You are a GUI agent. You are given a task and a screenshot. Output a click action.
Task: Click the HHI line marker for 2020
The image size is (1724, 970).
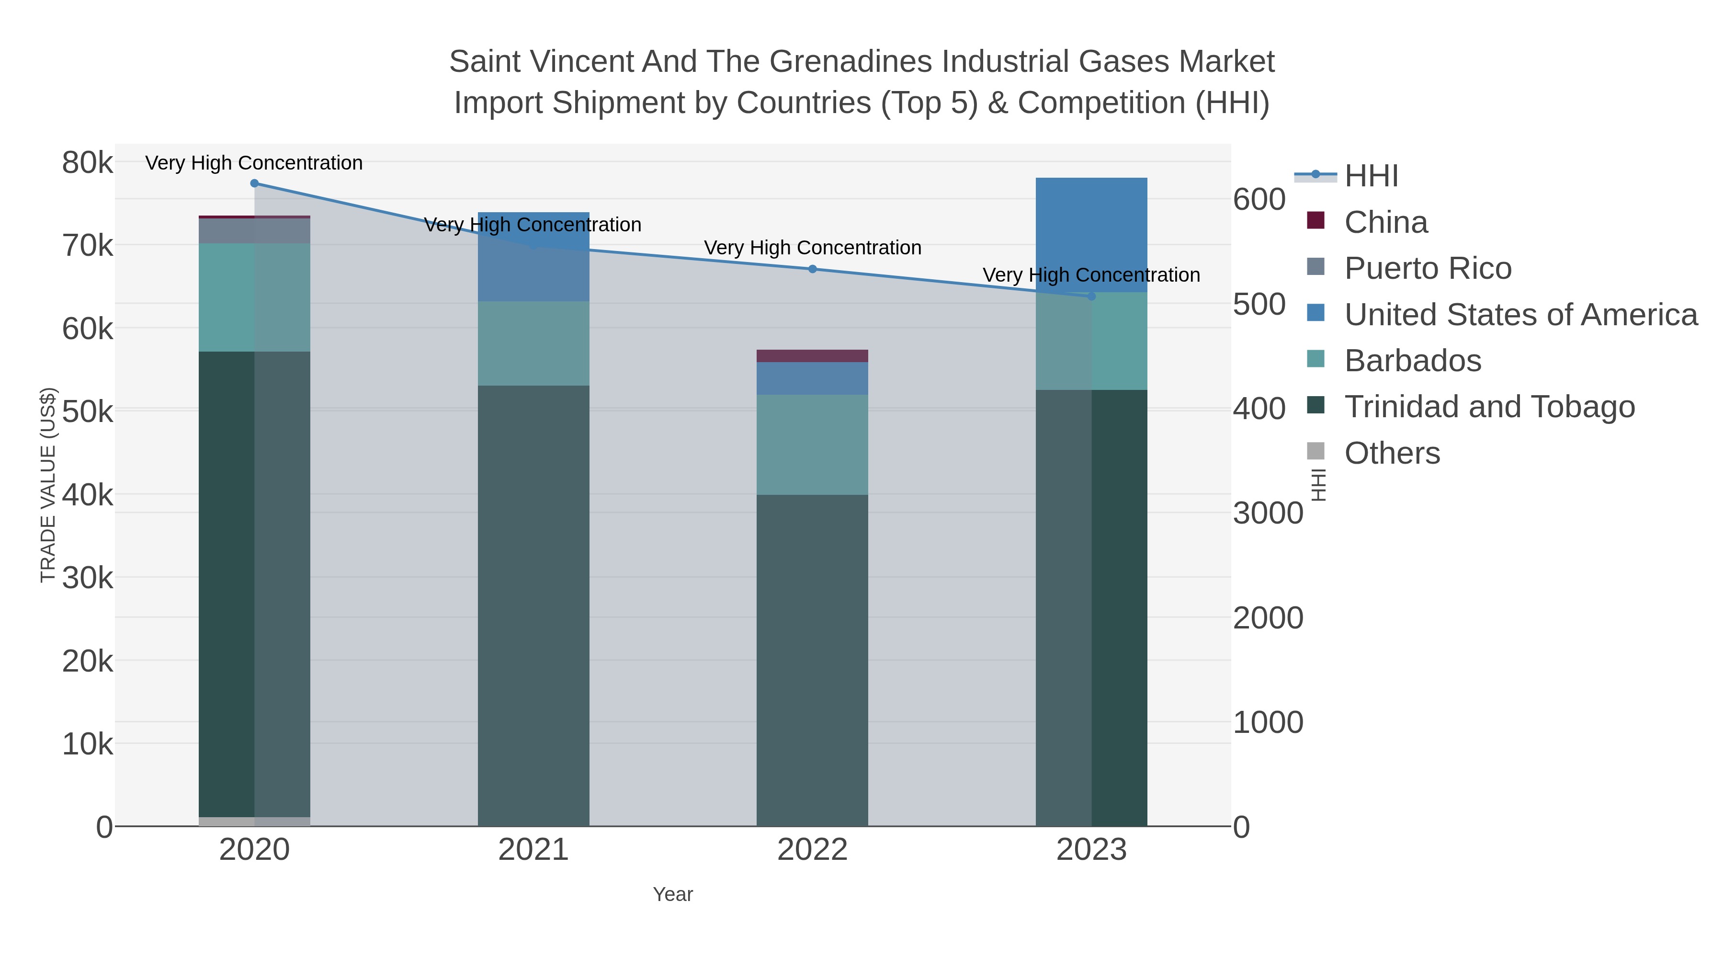tap(254, 183)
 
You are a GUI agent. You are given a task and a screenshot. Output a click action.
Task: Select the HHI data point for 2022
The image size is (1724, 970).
tap(813, 269)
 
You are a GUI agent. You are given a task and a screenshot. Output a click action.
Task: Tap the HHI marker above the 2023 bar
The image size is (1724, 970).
tap(1091, 297)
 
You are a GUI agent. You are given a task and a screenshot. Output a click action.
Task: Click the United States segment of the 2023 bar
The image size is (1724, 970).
tap(1091, 234)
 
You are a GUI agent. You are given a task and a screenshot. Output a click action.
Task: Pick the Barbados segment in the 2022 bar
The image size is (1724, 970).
tap(813, 445)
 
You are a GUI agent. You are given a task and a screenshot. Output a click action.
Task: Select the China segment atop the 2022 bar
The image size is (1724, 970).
tap(813, 355)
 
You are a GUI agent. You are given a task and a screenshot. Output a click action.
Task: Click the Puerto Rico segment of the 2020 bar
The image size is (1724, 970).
tap(254, 231)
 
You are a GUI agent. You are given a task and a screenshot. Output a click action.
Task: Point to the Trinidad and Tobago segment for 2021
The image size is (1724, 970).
tap(533, 603)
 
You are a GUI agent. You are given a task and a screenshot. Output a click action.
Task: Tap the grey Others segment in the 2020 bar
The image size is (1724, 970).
tap(254, 822)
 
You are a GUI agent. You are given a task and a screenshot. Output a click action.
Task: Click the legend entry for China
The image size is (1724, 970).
tap(1385, 222)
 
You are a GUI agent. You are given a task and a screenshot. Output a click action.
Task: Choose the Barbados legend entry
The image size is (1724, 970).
tap(1412, 361)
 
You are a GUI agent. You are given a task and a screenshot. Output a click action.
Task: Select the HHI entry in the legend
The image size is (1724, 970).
tap(1371, 176)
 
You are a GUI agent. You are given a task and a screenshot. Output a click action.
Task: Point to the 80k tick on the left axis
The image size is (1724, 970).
tap(87, 163)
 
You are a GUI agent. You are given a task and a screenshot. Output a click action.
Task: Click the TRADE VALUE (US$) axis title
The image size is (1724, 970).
tap(48, 485)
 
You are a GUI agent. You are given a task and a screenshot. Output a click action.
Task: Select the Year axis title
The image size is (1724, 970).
tap(673, 894)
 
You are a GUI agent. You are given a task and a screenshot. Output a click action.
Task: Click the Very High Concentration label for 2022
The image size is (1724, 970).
tap(813, 248)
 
